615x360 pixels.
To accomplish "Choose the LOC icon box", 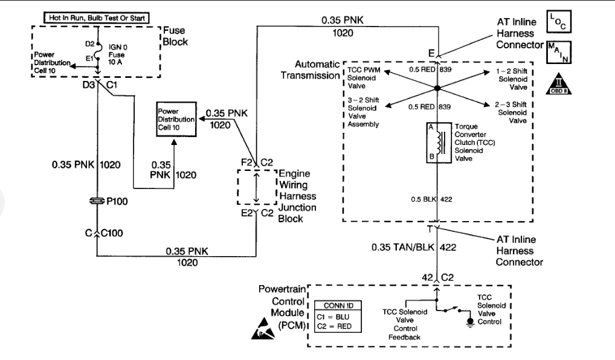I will [x=558, y=21].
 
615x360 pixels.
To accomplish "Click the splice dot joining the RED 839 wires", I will [x=437, y=89].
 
